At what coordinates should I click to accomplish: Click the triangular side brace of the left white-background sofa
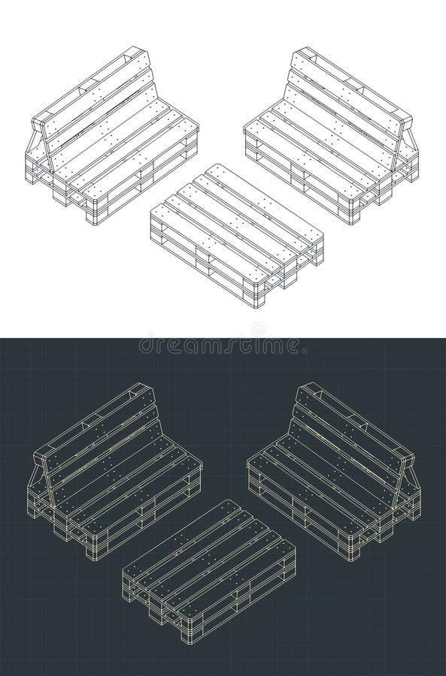coord(36,150)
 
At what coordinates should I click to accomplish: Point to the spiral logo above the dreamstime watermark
coord(257,329)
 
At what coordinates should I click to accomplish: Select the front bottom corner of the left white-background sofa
coord(92,223)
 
